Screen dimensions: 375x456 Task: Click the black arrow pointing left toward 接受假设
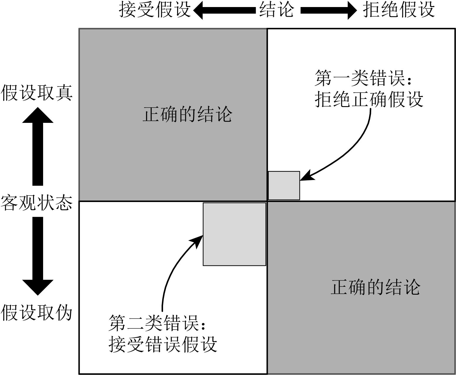click(x=224, y=11)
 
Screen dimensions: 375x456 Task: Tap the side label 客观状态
click(x=37, y=203)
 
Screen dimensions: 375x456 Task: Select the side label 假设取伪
click(x=37, y=313)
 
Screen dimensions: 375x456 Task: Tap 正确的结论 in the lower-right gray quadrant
click(x=376, y=287)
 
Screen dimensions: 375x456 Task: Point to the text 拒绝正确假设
click(x=369, y=99)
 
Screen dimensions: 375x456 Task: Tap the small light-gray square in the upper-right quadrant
click(x=284, y=186)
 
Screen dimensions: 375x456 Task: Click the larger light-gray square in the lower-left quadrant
click(x=234, y=234)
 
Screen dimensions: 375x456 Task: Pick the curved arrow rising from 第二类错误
click(x=173, y=270)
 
